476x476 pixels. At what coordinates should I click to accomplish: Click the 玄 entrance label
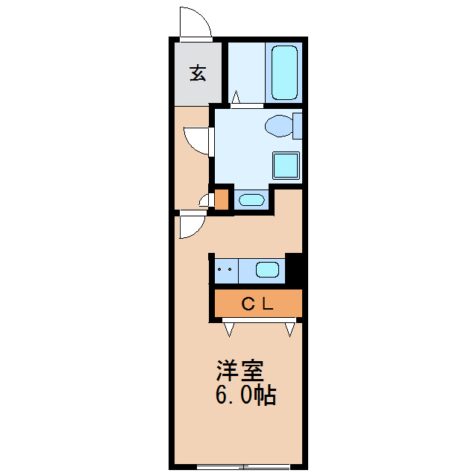click(198, 73)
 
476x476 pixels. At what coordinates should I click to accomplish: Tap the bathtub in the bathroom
click(284, 72)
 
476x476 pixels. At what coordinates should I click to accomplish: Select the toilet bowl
click(281, 126)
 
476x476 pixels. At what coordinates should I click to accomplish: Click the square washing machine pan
click(286, 166)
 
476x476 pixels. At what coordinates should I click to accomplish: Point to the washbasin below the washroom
click(251, 199)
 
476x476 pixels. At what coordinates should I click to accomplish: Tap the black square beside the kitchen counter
click(295, 269)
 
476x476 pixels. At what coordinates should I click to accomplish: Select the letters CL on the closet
click(257, 304)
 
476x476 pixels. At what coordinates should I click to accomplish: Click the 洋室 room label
click(240, 371)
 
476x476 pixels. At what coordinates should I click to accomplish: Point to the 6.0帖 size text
click(245, 395)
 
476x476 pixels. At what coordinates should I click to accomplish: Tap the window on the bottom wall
click(242, 467)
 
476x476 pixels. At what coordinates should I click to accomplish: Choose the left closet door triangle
click(228, 328)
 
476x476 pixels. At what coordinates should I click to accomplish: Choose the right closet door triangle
click(290, 328)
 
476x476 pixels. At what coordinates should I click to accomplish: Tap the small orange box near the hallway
click(222, 199)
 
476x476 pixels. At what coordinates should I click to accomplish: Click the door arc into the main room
click(190, 225)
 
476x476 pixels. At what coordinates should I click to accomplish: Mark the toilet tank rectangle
click(298, 125)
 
